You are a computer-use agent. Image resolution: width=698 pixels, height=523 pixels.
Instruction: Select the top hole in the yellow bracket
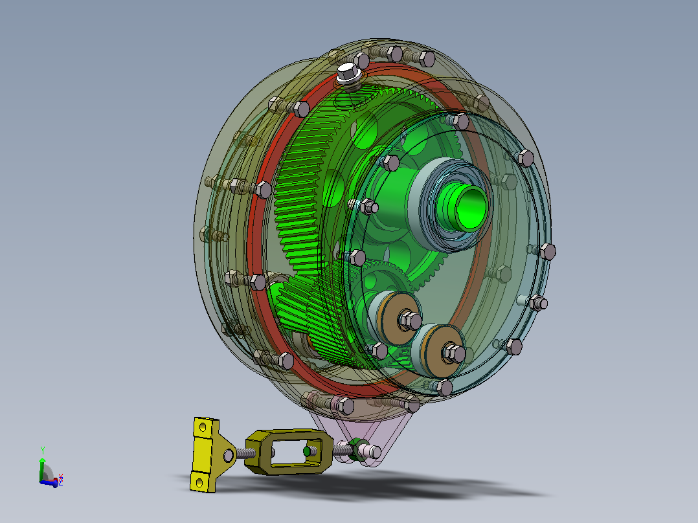pos(203,428)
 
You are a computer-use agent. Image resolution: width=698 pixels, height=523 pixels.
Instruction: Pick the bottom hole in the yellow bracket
pos(199,482)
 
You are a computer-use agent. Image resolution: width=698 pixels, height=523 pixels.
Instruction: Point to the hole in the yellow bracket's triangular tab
pos(229,455)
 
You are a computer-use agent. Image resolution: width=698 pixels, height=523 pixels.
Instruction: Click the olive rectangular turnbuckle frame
pos(289,451)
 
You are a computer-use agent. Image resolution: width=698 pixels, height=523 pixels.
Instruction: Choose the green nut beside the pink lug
pos(357,449)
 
